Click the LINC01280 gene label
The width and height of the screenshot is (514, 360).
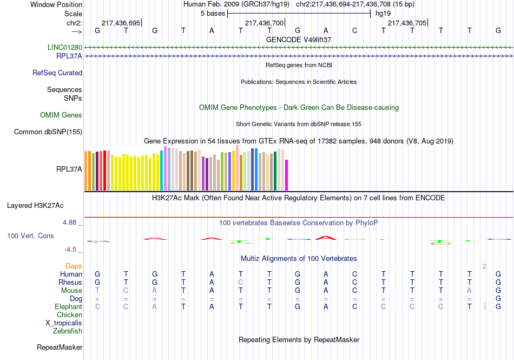point(65,48)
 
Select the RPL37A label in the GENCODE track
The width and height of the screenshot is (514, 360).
point(69,56)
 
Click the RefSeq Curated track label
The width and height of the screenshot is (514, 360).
point(57,73)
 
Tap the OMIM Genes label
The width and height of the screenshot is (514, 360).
point(61,115)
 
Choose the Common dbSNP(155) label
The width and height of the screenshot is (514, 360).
point(48,132)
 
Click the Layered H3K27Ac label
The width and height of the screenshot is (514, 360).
point(35,206)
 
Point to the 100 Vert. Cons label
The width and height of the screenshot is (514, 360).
point(30,236)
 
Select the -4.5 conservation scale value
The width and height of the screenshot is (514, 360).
point(72,250)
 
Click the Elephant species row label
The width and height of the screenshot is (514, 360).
point(68,307)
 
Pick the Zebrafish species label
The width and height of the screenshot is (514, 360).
point(68,331)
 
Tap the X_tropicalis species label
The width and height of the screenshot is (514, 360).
point(64,323)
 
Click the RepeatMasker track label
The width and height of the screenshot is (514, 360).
point(59,347)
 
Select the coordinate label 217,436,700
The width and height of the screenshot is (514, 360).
point(264,23)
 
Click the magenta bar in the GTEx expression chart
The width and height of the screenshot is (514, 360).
point(287,175)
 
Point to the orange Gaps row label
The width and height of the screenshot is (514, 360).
point(74,266)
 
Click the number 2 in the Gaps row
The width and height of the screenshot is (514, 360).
point(485,266)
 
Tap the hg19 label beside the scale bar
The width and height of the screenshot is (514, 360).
point(383,13)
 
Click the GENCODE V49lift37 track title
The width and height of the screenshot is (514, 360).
point(299,40)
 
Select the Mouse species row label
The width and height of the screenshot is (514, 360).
point(71,291)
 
